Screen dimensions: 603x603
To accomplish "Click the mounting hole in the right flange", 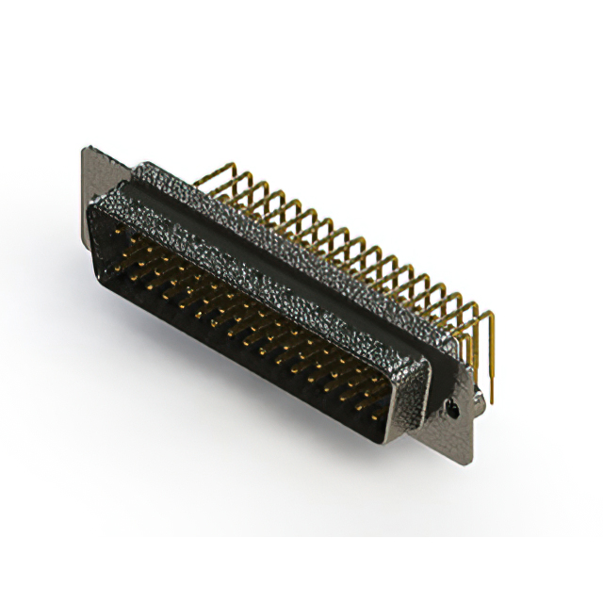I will (x=454, y=408).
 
